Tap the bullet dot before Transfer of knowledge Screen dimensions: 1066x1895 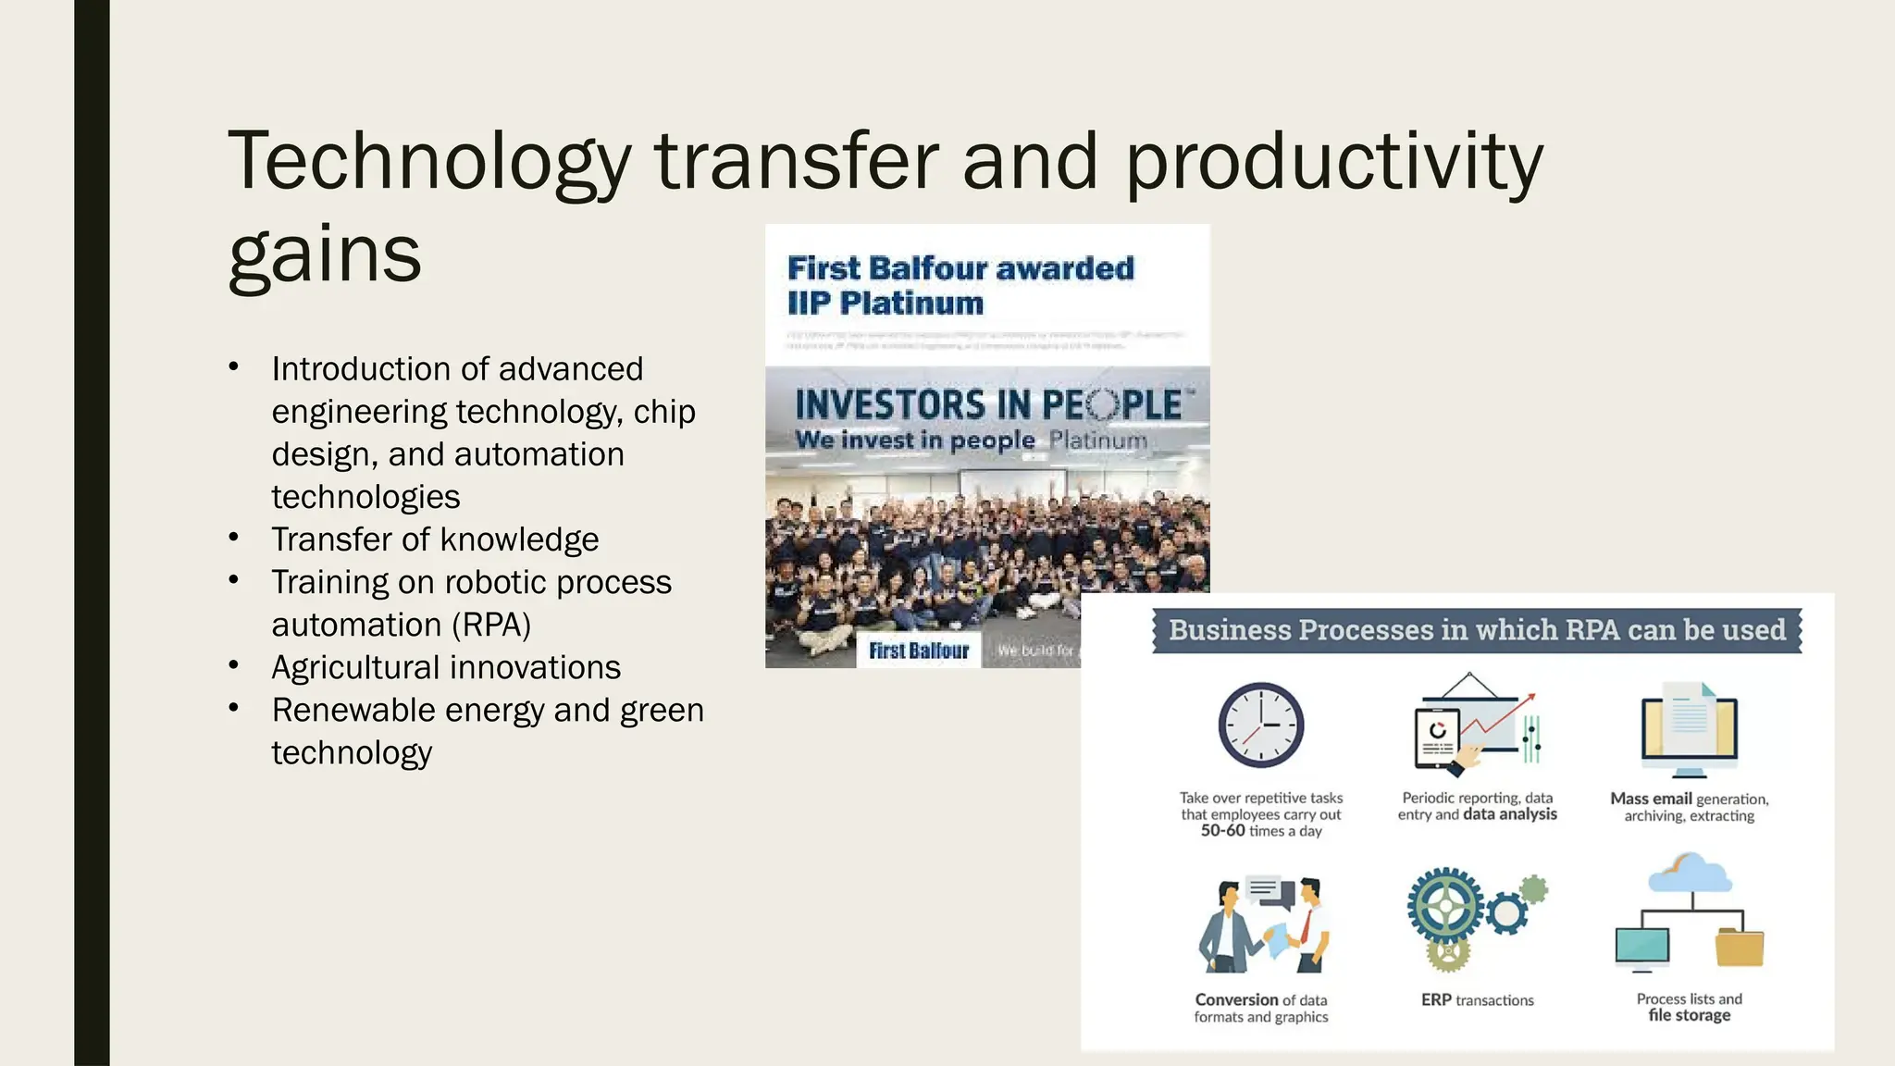point(234,537)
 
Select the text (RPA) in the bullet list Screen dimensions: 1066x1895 point(491,626)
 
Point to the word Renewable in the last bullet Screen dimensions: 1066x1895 point(353,711)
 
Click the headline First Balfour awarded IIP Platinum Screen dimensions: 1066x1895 point(960,285)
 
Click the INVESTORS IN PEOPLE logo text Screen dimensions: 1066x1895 point(987,405)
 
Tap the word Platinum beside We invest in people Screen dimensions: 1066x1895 point(1098,440)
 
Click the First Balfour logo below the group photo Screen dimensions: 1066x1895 point(918,651)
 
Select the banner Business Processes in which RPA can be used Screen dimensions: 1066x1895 point(1477,630)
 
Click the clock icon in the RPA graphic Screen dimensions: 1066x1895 point(1260,725)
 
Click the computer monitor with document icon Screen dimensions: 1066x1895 point(1689,729)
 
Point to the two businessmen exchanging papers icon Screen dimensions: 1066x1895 point(1263,925)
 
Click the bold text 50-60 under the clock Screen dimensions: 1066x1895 point(1222,831)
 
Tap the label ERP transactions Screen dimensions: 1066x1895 point(1478,1000)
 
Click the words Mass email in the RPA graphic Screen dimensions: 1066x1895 point(1650,799)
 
